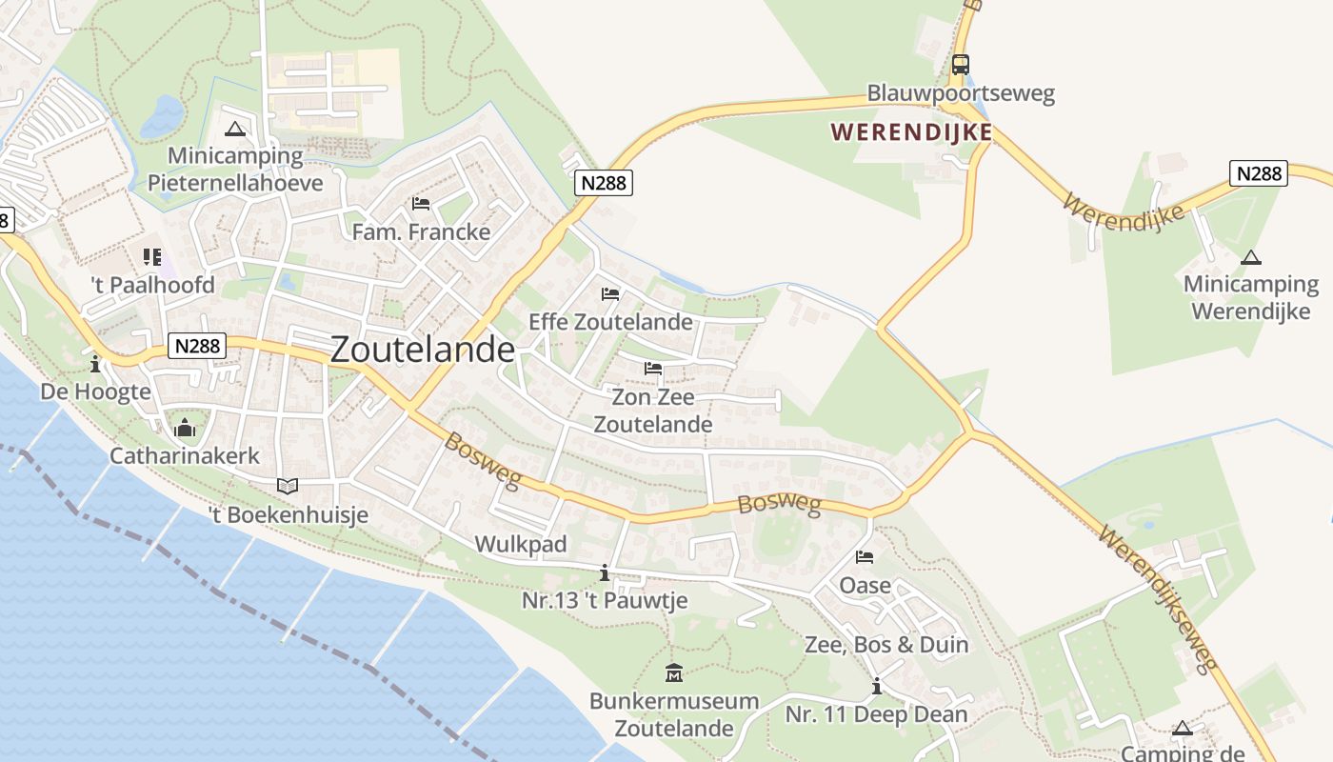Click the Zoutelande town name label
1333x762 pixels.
tap(423, 350)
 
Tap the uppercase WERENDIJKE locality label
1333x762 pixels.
tap(912, 132)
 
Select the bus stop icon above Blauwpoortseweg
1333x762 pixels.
tap(961, 65)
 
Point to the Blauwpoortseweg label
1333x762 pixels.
tap(961, 93)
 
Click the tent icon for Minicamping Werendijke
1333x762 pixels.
tap(1251, 257)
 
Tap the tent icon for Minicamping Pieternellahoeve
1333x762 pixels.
tap(235, 129)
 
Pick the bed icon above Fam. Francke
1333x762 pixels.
tap(421, 203)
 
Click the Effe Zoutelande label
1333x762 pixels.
tap(610, 321)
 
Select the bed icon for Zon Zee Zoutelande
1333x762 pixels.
tap(652, 368)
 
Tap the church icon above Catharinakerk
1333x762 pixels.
tap(185, 428)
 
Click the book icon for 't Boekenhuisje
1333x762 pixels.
tap(288, 486)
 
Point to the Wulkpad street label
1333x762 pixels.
tap(521, 545)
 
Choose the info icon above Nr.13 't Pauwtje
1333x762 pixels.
tap(604, 572)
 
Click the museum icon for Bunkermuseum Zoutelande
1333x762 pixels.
tap(674, 673)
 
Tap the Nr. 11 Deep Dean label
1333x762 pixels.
tap(876, 714)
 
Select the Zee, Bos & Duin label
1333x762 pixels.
tap(886, 645)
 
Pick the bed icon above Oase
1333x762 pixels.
tap(865, 557)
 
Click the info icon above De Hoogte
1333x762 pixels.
tap(95, 364)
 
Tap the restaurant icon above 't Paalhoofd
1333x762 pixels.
tap(152, 257)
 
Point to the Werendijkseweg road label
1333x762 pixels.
tap(1158, 598)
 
